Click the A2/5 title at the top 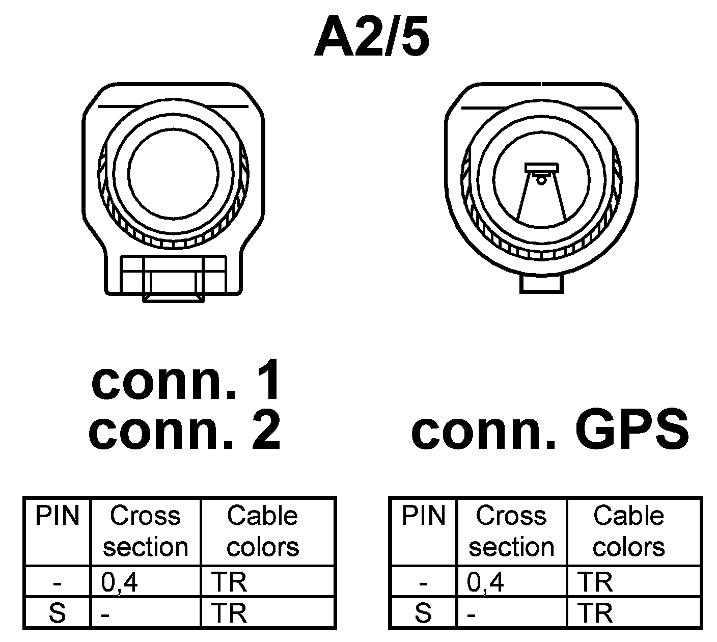(372, 39)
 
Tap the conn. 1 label (186, 381)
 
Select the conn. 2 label (184, 431)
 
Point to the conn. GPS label (550, 431)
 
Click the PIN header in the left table (58, 516)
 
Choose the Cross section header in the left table (146, 531)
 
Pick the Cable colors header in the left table (263, 531)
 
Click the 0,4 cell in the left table (120, 582)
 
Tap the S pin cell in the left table (58, 613)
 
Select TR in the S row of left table (229, 613)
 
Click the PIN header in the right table (424, 516)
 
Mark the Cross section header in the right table (511, 531)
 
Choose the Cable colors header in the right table (629, 531)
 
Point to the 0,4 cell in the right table (486, 582)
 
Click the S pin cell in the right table (424, 613)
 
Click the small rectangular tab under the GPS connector (541, 284)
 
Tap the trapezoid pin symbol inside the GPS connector (541, 194)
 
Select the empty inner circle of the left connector (174, 173)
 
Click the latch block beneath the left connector (174, 278)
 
